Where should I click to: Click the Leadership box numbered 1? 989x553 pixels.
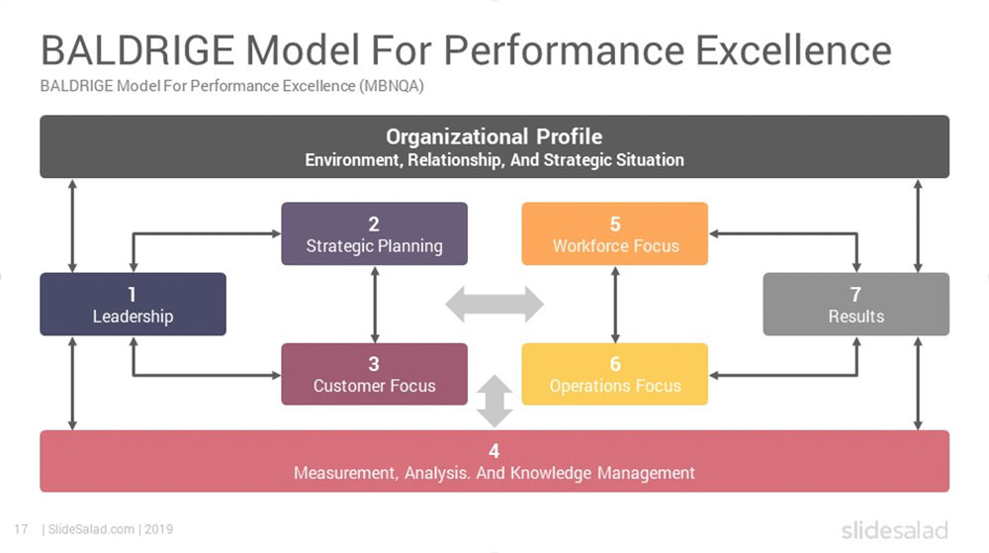click(x=133, y=305)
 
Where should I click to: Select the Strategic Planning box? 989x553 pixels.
click(x=374, y=234)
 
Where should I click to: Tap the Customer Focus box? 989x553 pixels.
click(x=374, y=375)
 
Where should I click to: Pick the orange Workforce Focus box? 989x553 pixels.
click(x=615, y=234)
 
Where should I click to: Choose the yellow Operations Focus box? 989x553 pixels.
click(x=615, y=375)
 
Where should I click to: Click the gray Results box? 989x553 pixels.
click(x=856, y=305)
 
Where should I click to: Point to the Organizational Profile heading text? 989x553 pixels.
click(x=494, y=137)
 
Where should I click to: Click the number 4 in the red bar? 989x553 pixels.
click(x=494, y=452)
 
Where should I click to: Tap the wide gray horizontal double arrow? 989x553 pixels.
click(x=494, y=305)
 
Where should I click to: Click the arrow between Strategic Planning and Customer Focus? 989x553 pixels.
click(x=374, y=304)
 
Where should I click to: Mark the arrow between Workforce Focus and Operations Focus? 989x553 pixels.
click(x=615, y=304)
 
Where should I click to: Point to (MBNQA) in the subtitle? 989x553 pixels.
click(x=392, y=86)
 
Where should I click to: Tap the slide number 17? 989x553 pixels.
click(x=20, y=529)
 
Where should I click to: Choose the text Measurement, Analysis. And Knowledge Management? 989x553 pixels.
click(x=494, y=473)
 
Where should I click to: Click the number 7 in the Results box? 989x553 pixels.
click(x=856, y=294)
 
